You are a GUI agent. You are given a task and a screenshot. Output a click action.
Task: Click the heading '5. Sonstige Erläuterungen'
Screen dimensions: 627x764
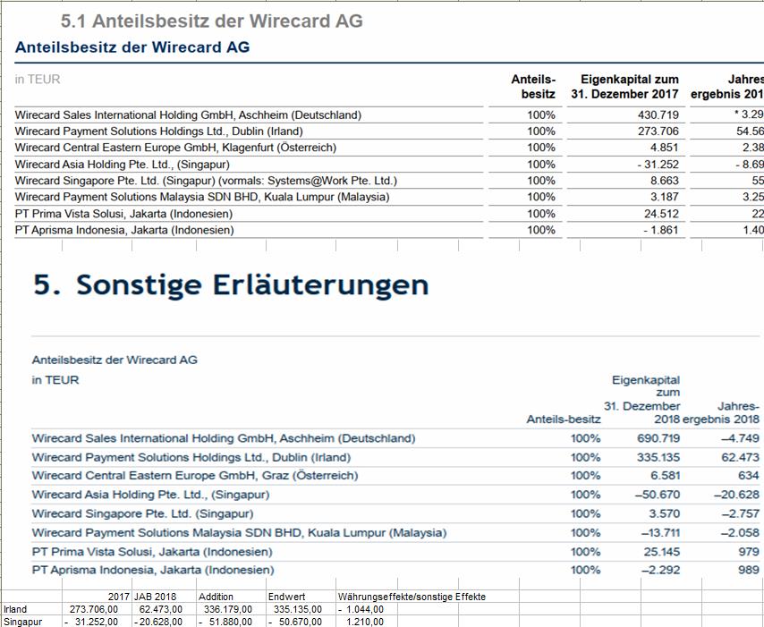coord(231,284)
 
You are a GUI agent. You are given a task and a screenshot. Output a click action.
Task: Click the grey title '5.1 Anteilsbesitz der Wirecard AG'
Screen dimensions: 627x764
coord(212,21)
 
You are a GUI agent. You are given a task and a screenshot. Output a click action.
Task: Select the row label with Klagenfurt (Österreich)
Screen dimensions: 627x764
coord(175,148)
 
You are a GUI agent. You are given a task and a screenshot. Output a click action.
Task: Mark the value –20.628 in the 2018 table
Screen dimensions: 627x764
coord(736,495)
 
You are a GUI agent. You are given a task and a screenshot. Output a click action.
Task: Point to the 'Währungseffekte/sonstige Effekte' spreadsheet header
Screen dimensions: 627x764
coord(412,597)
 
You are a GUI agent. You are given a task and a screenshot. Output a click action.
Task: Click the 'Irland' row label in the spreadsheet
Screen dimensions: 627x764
coord(15,609)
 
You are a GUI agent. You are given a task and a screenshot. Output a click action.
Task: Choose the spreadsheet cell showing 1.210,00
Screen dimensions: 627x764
coord(365,622)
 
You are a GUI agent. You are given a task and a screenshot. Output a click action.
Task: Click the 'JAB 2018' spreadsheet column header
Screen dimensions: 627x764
coord(155,597)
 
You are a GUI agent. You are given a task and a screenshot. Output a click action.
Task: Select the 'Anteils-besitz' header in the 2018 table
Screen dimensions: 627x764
coord(564,418)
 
